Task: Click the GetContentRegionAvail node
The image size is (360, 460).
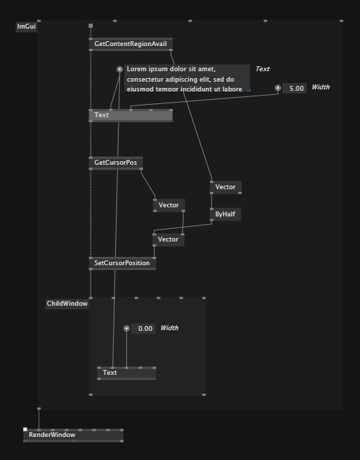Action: pyautogui.click(x=130, y=44)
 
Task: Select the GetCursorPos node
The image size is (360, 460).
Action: pyautogui.click(x=116, y=163)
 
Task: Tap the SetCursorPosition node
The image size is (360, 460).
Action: pyautogui.click(x=122, y=263)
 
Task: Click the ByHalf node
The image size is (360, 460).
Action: pyautogui.click(x=225, y=214)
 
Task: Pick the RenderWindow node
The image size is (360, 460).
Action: pyautogui.click(x=73, y=435)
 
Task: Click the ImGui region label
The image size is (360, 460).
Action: pyautogui.click(x=27, y=27)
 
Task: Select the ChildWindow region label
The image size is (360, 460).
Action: pyautogui.click(x=67, y=304)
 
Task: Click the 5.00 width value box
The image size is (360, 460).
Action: pyautogui.click(x=294, y=89)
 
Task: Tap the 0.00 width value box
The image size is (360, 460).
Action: pyautogui.click(x=143, y=329)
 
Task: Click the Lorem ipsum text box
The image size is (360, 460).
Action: pyautogui.click(x=187, y=78)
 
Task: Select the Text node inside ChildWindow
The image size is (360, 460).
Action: pyautogui.click(x=127, y=373)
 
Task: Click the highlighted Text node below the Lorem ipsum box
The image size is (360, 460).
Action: pyautogui.click(x=130, y=115)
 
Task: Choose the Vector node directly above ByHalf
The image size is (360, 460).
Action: pyautogui.click(x=226, y=187)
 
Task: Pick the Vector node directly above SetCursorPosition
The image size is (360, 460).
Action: pyautogui.click(x=168, y=239)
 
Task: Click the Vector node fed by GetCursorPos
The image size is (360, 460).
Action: pyautogui.click(x=169, y=205)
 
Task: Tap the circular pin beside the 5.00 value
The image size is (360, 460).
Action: pyautogui.click(x=278, y=88)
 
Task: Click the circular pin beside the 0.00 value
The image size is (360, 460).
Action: pyautogui.click(x=127, y=328)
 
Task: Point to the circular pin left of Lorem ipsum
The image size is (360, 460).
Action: pyautogui.click(x=119, y=69)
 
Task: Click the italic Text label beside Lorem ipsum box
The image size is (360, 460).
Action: pyautogui.click(x=262, y=69)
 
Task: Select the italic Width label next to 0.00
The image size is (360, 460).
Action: pyautogui.click(x=170, y=328)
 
